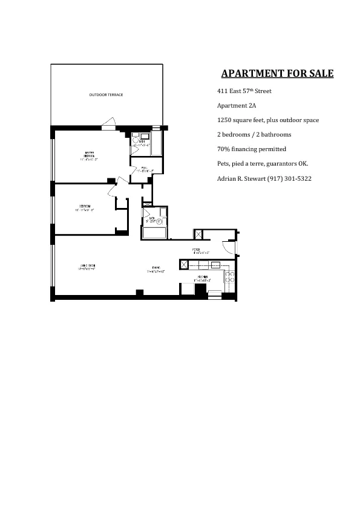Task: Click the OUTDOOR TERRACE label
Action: [106, 96]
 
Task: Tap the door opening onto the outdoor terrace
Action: [109, 126]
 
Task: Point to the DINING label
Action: [155, 271]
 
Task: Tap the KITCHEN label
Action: [202, 279]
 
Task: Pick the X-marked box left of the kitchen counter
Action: [184, 264]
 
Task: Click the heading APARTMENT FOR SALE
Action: [277, 74]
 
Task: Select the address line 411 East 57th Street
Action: [244, 91]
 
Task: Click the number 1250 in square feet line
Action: [224, 120]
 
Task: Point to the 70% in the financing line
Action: [223, 149]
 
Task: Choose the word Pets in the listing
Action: [223, 164]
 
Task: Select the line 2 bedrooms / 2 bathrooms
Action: [254, 135]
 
